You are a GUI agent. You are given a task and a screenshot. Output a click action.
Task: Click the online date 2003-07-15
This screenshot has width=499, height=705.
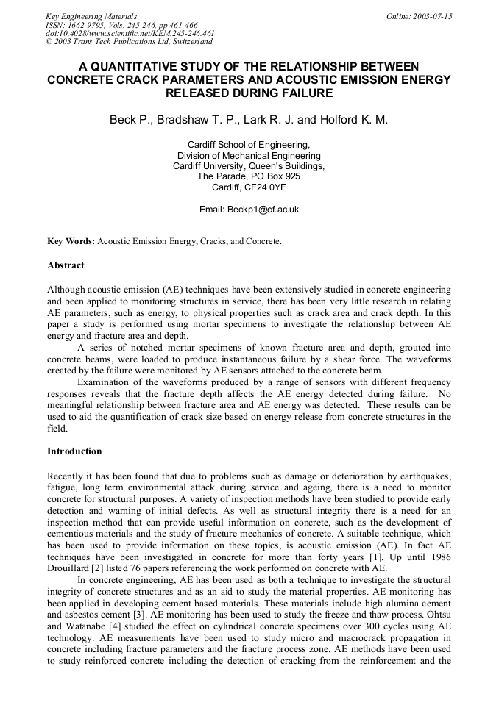tap(435, 15)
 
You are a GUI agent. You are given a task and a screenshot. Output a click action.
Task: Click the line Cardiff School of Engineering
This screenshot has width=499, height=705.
tap(249, 145)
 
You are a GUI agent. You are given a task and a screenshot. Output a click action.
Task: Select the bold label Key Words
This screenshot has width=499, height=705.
tap(70, 241)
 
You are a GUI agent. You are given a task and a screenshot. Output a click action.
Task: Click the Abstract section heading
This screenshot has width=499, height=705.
tap(66, 265)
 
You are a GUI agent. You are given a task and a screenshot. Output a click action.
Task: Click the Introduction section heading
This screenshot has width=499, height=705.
tap(74, 451)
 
